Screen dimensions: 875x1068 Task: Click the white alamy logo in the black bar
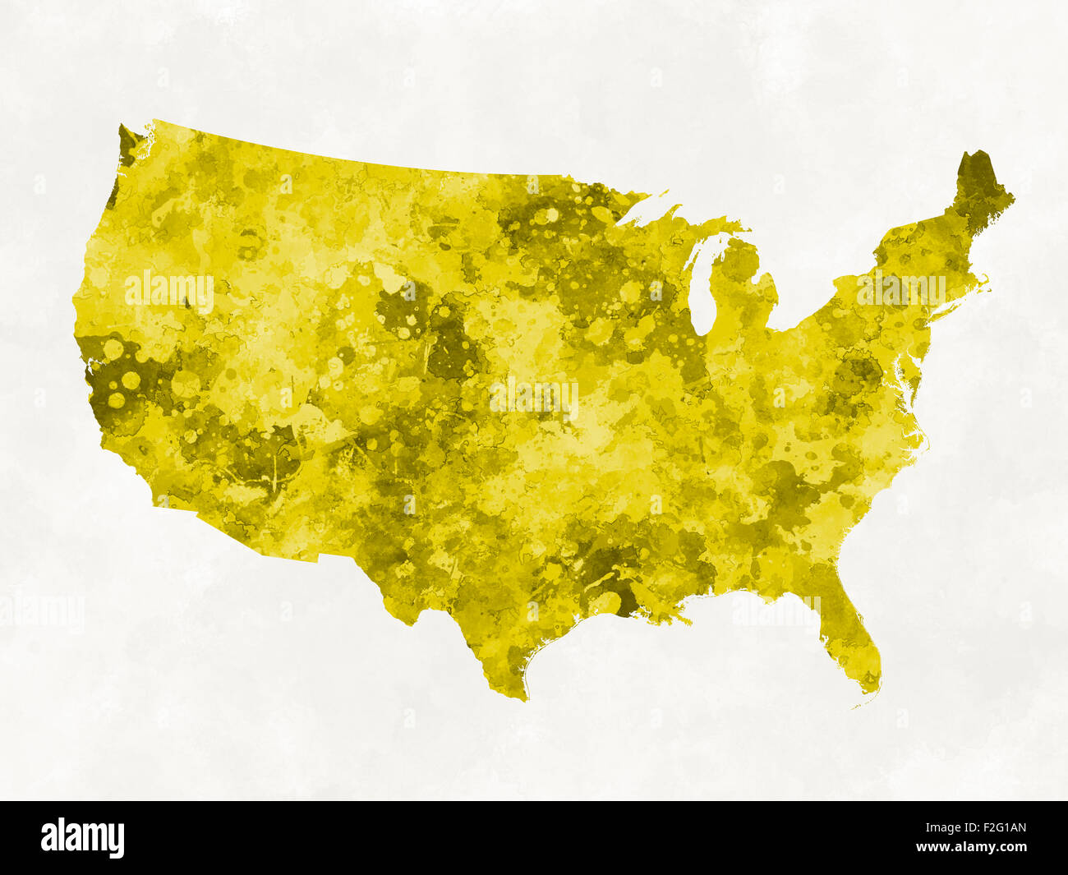click(82, 837)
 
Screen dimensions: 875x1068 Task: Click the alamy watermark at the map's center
click(534, 398)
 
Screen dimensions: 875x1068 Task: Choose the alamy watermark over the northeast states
click(901, 288)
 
